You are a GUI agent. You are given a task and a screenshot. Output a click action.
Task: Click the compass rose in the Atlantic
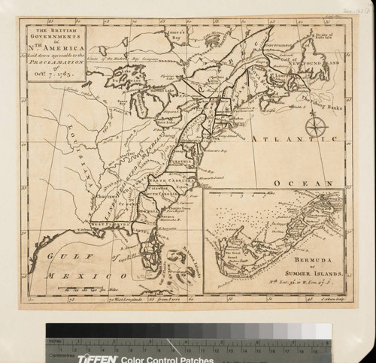(x=316, y=126)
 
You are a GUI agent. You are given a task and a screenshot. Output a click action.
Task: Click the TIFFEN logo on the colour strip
(x=96, y=358)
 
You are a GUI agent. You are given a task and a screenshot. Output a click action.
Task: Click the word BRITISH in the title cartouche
(x=56, y=33)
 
